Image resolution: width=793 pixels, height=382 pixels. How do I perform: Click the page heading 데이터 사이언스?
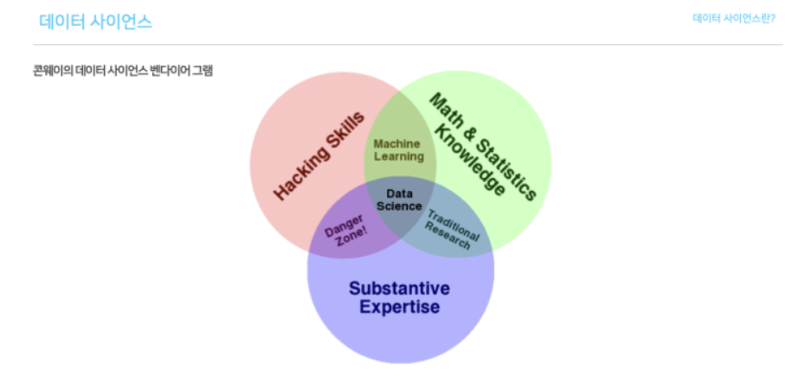click(x=96, y=22)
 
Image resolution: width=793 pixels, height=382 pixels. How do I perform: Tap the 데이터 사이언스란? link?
click(x=733, y=18)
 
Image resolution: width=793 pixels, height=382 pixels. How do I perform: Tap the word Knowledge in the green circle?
click(x=468, y=160)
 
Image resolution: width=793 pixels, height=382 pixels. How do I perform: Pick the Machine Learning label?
click(x=398, y=150)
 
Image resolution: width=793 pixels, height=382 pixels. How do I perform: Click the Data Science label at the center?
click(x=399, y=200)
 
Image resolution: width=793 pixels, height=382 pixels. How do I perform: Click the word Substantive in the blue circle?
click(x=399, y=288)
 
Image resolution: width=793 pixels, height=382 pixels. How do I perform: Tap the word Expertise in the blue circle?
click(x=399, y=307)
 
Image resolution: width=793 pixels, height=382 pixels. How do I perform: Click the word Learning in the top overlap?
click(x=398, y=156)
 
